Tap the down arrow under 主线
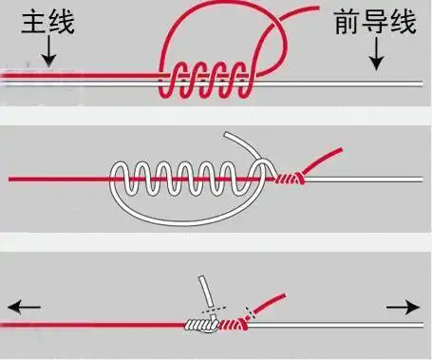[47, 57]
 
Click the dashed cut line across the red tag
[251, 312]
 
